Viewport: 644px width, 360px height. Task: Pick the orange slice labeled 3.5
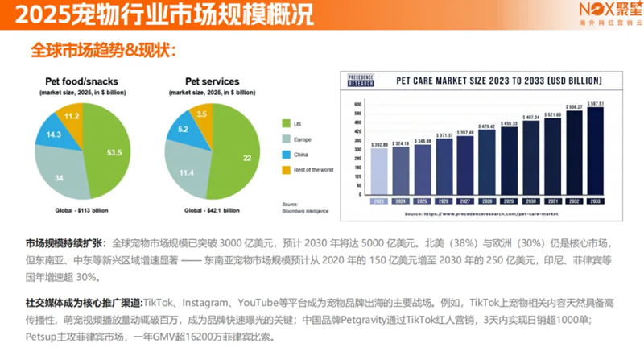(x=202, y=115)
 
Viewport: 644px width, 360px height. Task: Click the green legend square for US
(x=286, y=123)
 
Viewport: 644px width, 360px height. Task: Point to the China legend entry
(x=286, y=154)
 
